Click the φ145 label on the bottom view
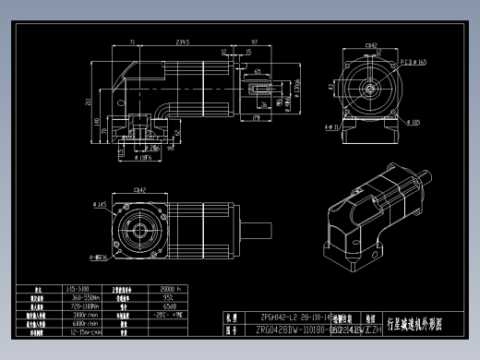tap(101, 203)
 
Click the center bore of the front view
tap(370, 89)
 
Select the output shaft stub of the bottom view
tap(258, 226)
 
